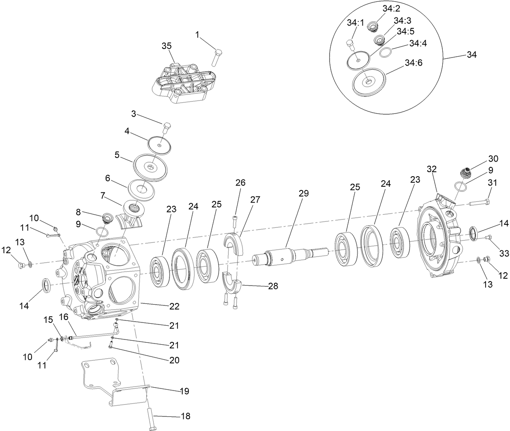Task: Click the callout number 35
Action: tap(167, 46)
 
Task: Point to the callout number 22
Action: tap(174, 307)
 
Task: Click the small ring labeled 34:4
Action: tap(386, 52)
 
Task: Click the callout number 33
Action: tap(504, 253)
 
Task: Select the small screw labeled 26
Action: tap(235, 221)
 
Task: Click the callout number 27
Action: tap(255, 200)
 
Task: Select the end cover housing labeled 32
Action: tap(440, 239)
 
